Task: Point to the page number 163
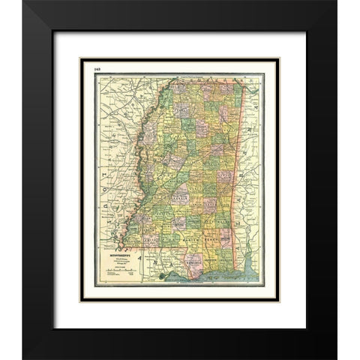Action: [98, 69]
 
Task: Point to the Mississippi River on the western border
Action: [135, 150]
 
